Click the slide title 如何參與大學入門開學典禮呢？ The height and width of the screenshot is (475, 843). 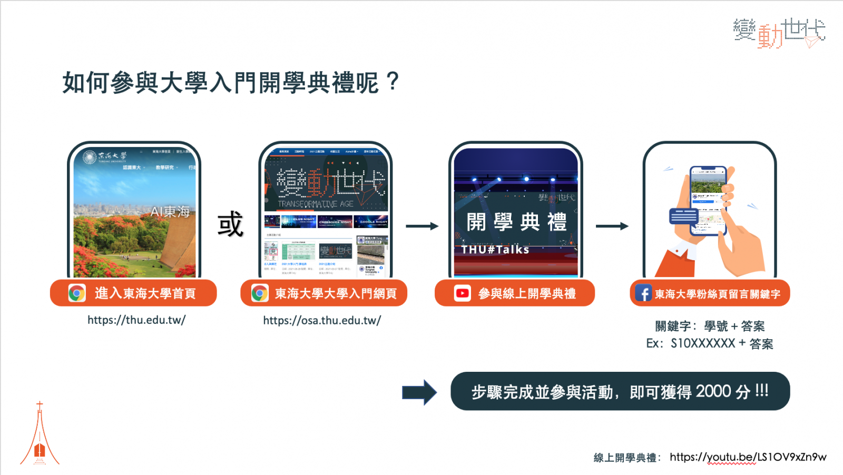coord(231,83)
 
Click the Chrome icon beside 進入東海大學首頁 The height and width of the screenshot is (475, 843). coord(77,293)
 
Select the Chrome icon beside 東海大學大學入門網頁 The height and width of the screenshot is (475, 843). coord(260,293)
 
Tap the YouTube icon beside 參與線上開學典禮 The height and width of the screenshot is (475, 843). coord(462,293)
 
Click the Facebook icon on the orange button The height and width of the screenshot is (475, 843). coord(643,293)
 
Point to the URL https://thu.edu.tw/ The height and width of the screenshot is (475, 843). coord(136,320)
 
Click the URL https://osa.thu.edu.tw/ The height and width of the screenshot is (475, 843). coord(322,320)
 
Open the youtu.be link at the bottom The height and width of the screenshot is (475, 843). coord(748,457)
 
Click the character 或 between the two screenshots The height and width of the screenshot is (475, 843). coord(230,224)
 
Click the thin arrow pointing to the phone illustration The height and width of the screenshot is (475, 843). coord(612,226)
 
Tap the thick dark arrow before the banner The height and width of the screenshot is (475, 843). coord(419,392)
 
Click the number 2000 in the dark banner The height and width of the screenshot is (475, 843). coord(713,391)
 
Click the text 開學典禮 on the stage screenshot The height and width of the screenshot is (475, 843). coord(516,222)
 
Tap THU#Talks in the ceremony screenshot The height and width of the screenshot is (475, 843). coord(495,250)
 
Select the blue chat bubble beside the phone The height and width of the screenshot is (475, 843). coord(683,216)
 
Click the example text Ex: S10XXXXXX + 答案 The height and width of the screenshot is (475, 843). coord(710,344)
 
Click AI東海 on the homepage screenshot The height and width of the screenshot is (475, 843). coord(170,212)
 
